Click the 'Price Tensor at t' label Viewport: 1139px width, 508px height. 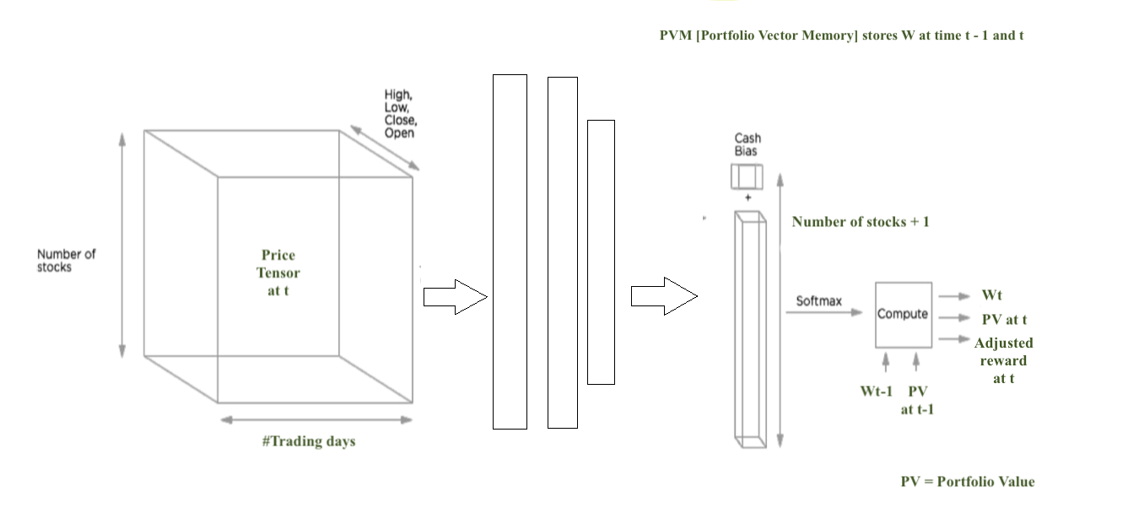(x=278, y=273)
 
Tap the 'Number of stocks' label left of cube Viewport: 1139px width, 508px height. (x=66, y=261)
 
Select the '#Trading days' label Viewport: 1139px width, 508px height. (x=309, y=441)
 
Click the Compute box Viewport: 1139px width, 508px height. (x=903, y=314)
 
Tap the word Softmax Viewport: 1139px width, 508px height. (x=818, y=301)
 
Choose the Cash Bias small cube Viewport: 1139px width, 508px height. (x=747, y=176)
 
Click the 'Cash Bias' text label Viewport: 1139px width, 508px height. (x=747, y=144)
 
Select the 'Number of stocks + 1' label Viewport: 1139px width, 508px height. (x=861, y=222)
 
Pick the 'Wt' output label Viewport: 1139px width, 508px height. (x=991, y=295)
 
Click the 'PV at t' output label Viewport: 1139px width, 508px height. (x=1004, y=320)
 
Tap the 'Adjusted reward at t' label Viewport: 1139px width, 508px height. (x=1003, y=360)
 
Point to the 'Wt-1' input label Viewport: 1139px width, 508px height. (x=876, y=392)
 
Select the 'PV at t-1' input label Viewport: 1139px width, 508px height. (x=917, y=400)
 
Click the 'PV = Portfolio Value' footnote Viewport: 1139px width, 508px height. (x=967, y=482)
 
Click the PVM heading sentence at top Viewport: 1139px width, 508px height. (x=841, y=35)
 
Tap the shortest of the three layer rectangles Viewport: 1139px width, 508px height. (x=601, y=251)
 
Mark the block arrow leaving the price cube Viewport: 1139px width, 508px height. (x=455, y=297)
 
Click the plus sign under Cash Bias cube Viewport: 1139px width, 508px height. (x=748, y=198)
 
